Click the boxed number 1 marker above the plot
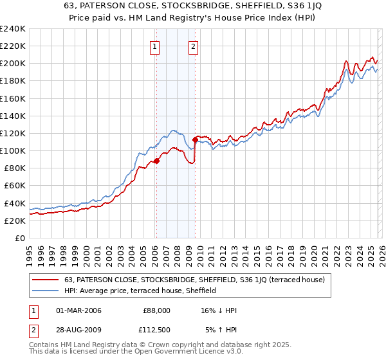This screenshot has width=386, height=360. click(x=155, y=46)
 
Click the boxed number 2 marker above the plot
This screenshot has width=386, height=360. click(x=194, y=46)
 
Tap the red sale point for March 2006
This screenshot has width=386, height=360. click(x=156, y=161)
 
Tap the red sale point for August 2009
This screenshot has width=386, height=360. click(x=195, y=139)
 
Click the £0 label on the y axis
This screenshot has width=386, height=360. click(x=19, y=238)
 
